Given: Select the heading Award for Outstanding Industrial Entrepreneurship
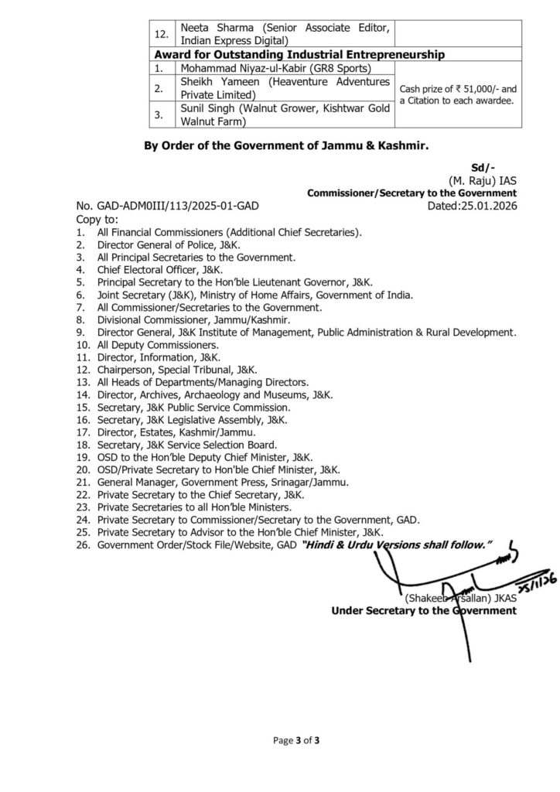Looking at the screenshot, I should pos(299,54).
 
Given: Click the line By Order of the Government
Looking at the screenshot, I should pos(286,145).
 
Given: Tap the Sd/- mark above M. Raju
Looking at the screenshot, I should pos(483,168).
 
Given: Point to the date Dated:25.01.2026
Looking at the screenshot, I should pos(472,207).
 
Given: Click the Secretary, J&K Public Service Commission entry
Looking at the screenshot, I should pos(193,408).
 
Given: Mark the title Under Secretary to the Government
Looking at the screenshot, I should pos(424,610).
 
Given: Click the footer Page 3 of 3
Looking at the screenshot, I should pos(296,740).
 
